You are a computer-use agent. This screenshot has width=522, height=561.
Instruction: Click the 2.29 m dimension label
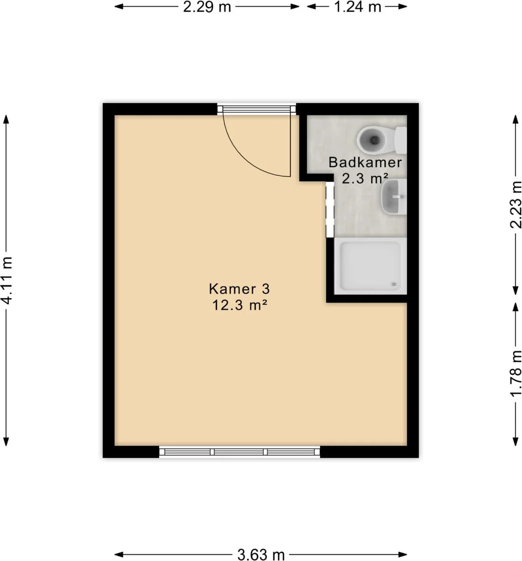[x=207, y=7]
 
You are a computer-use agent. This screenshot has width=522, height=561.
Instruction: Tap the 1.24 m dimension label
[x=357, y=7]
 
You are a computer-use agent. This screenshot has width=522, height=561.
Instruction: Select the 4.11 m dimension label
[x=7, y=280]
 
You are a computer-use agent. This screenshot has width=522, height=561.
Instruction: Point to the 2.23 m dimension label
[x=515, y=205]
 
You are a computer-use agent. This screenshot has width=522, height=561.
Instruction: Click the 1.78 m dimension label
[x=515, y=373]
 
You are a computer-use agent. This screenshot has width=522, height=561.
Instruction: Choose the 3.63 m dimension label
[x=261, y=555]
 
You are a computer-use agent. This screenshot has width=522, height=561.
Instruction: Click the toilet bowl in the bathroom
[x=372, y=140]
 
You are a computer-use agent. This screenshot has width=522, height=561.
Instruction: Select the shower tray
[x=370, y=266]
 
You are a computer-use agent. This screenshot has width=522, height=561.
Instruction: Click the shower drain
[x=394, y=284]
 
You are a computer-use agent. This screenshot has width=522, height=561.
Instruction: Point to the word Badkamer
[x=365, y=162]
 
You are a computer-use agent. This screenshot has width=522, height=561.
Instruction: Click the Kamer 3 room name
[x=239, y=289]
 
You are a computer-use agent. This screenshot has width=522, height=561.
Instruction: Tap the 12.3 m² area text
[x=239, y=305]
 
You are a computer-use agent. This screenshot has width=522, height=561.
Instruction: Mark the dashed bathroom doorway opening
[x=330, y=209]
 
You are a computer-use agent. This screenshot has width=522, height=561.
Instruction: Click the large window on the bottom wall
[x=239, y=452]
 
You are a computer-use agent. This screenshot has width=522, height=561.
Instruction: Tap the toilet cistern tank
[x=400, y=140]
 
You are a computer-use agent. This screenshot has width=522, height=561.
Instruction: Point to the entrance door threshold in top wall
[x=257, y=109]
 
